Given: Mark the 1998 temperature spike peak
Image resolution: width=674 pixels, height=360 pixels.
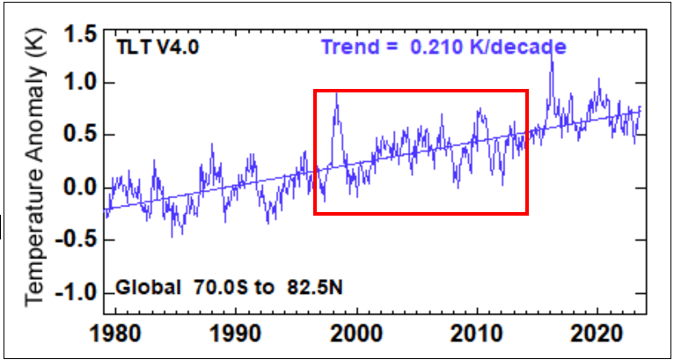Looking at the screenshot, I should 336,93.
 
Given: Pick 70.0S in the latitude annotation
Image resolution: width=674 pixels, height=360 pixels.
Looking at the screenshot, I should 217,288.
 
